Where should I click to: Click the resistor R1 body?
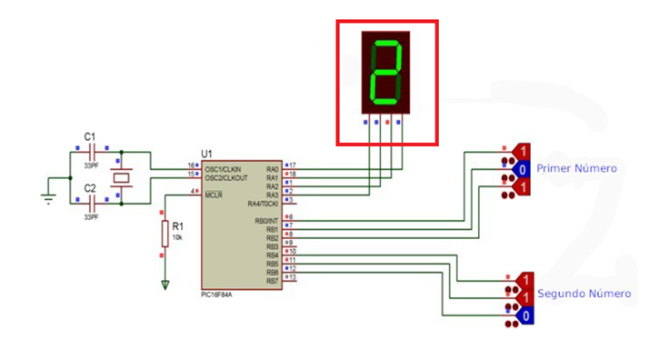coord(165,234)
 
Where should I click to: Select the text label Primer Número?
coord(576,168)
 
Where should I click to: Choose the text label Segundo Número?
coord(584,294)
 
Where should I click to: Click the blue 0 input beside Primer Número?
coord(523,169)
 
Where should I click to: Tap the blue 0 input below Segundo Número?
coord(523,314)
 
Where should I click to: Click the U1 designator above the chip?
coord(205,155)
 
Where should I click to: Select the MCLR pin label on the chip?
coord(215,193)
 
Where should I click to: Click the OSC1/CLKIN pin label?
coord(226,168)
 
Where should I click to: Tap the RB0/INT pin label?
coord(265,221)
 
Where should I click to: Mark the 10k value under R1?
coord(177,236)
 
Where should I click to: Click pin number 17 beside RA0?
coord(293,165)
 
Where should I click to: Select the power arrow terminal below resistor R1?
coord(165,285)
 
